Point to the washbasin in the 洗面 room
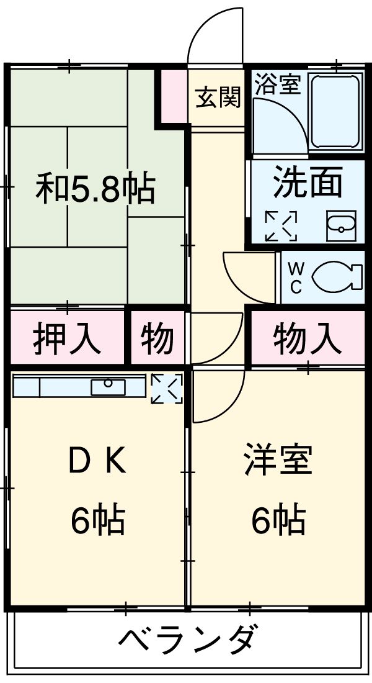(x=341, y=227)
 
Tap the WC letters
(x=296, y=278)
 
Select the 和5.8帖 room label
(x=95, y=189)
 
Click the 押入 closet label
(x=66, y=339)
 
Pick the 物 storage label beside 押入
(x=156, y=339)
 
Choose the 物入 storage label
(x=307, y=339)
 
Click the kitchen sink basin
(x=108, y=386)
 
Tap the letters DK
(x=97, y=461)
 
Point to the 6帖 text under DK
(x=97, y=520)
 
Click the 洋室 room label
(x=277, y=461)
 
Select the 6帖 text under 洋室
(x=277, y=520)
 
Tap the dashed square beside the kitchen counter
(x=167, y=388)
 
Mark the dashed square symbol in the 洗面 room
(x=281, y=226)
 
